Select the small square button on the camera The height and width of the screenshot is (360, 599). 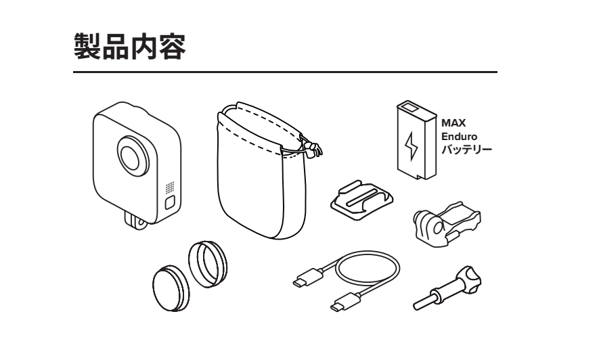169,202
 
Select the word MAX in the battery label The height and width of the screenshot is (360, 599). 451,125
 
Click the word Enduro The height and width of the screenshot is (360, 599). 456,137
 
